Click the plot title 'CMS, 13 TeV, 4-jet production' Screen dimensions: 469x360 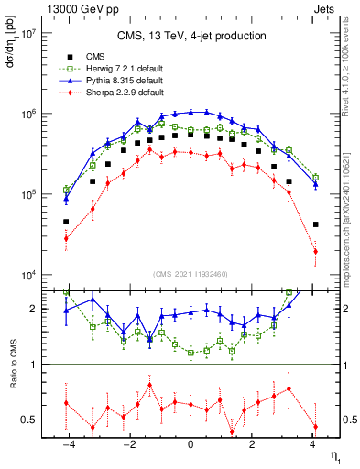pyautogui.click(x=191, y=36)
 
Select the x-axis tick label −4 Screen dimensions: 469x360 pyautogui.click(x=67, y=444)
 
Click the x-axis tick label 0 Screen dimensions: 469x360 pyautogui.click(x=191, y=444)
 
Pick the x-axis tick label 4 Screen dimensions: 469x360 pyautogui.click(x=312, y=444)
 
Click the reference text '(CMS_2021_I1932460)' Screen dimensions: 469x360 pyautogui.click(x=191, y=274)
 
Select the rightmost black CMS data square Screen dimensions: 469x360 pyautogui.click(x=315, y=224)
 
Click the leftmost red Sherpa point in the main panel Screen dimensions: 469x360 pyautogui.click(x=66, y=238)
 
